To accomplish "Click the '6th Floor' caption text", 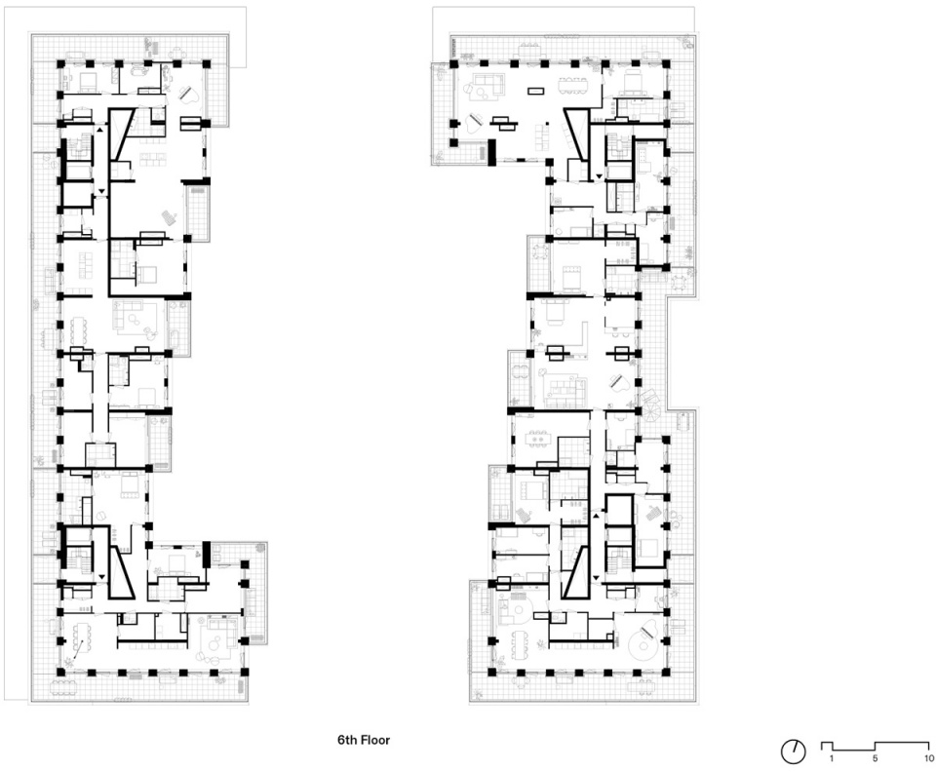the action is click(364, 740).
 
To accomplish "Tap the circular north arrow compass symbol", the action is click(794, 752).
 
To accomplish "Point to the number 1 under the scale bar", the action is click(832, 759).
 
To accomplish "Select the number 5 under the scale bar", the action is click(876, 759).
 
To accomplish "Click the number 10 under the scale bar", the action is click(929, 759).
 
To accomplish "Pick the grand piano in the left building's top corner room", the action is click(192, 96).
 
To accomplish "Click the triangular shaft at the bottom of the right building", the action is click(575, 573).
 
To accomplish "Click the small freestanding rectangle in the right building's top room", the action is click(535, 92).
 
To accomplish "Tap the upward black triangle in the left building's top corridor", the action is click(100, 129).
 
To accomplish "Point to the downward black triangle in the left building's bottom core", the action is click(101, 577).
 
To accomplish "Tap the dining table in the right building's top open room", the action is click(573, 86).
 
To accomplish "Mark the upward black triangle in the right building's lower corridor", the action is click(596, 515).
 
